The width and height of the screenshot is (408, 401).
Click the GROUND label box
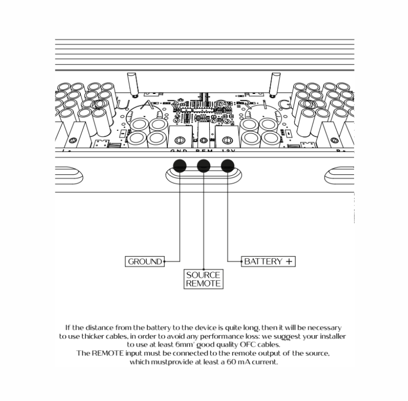pyautogui.click(x=145, y=261)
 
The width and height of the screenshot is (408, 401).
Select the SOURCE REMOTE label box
pyautogui.click(x=203, y=279)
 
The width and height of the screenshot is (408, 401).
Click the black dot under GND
pyautogui.click(x=179, y=165)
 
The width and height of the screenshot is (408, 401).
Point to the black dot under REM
pyautogui.click(x=203, y=165)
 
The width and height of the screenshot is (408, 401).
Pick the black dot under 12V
pyautogui.click(x=227, y=165)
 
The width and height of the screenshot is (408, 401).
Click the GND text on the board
pyautogui.click(x=179, y=150)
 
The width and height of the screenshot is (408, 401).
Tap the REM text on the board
pyautogui.click(x=203, y=150)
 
